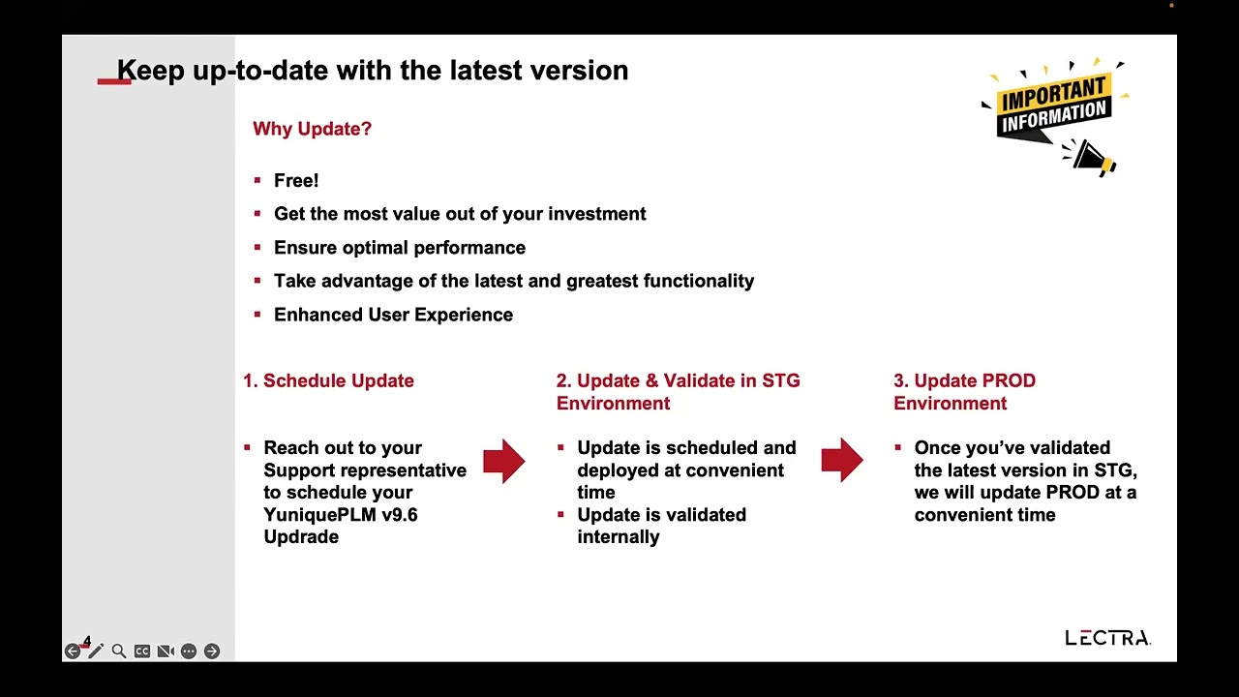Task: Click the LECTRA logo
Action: pos(1108,638)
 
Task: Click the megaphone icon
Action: pos(1089,158)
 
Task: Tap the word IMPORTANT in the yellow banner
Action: pos(1053,94)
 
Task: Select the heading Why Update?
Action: pos(312,129)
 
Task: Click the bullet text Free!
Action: pos(296,180)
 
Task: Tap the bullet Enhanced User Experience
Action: pos(393,315)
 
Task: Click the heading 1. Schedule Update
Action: pos(328,380)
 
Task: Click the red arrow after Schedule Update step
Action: pos(504,461)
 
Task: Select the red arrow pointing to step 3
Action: pos(842,460)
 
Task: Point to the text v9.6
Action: pos(400,514)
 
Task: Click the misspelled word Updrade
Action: pos(301,537)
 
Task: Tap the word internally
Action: pos(619,537)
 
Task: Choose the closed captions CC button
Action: pos(142,652)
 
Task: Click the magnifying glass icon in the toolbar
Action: pos(118,652)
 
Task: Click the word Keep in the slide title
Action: pos(150,71)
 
